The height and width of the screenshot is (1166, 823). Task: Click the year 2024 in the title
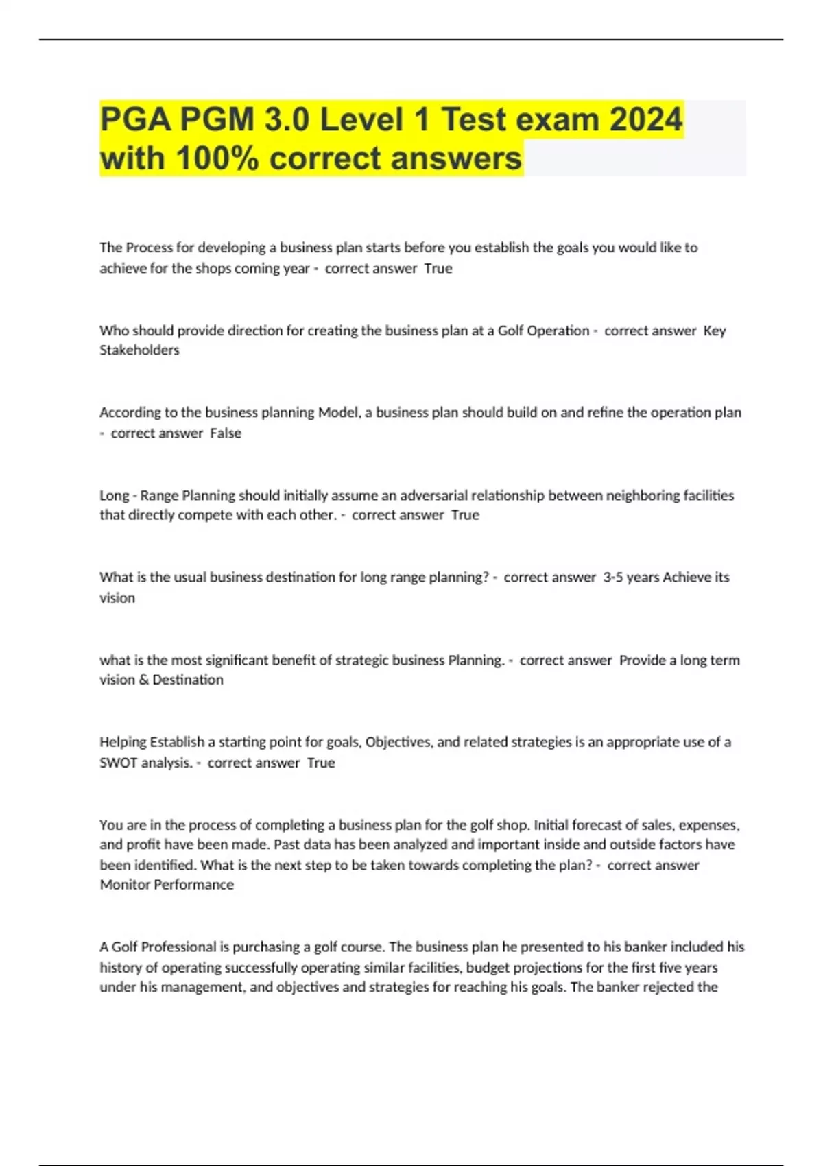tap(645, 120)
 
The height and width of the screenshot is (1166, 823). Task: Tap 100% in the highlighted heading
tap(217, 158)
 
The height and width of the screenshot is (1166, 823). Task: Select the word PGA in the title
tap(135, 120)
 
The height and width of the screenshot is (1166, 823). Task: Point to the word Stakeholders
tap(139, 350)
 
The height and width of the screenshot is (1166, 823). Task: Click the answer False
tap(226, 433)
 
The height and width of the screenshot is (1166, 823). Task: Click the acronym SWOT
tap(119, 763)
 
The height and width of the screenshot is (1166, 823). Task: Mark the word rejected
tap(669, 988)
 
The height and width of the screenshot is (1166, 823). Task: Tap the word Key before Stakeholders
tap(715, 331)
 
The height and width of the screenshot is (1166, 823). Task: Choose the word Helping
tap(122, 742)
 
